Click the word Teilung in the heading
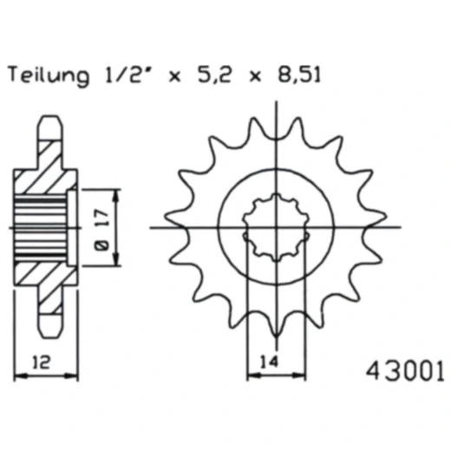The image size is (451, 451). (47, 76)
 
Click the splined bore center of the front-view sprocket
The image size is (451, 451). (275, 228)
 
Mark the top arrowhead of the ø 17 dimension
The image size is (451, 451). (117, 192)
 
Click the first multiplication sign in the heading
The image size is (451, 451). (173, 78)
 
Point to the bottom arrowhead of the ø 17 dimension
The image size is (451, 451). (117, 264)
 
